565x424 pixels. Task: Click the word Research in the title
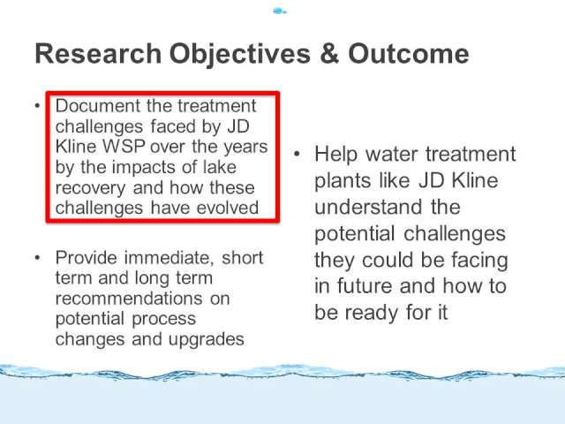[x=98, y=54]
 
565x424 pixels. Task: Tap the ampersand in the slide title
[x=329, y=54]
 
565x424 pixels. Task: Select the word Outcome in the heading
[x=408, y=54]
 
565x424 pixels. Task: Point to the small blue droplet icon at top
[x=280, y=11]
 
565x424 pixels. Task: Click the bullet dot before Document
[x=37, y=106]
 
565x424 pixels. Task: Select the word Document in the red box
[x=98, y=106]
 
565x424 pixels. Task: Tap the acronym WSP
[x=124, y=147]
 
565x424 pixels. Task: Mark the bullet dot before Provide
[x=37, y=258]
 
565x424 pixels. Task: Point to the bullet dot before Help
[x=297, y=154]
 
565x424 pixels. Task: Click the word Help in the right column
[x=335, y=155]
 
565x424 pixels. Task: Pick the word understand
[x=368, y=208]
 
